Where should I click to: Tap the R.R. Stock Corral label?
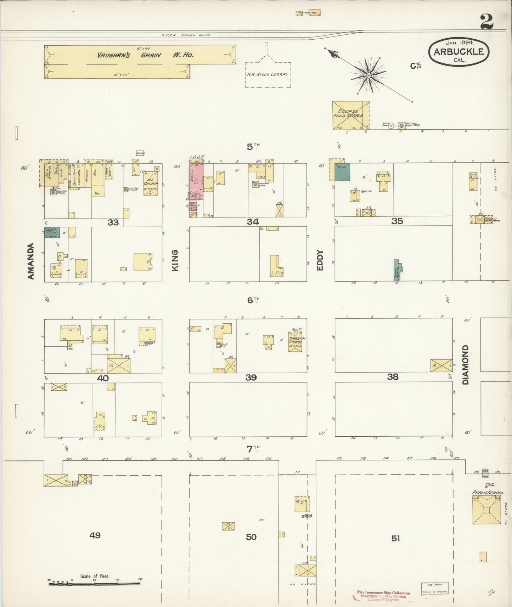[x=268, y=75]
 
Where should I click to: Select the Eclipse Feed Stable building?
[x=350, y=115]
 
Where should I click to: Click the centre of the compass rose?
[x=368, y=75]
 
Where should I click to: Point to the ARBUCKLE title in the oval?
[x=458, y=52]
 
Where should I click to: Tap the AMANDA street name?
[x=31, y=261]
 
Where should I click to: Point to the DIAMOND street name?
[x=465, y=365]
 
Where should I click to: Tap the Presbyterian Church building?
[x=295, y=342]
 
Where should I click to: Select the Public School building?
[x=487, y=509]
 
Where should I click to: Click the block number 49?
[x=95, y=535]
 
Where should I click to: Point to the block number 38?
[x=393, y=377]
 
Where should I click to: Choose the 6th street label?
[x=253, y=300]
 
